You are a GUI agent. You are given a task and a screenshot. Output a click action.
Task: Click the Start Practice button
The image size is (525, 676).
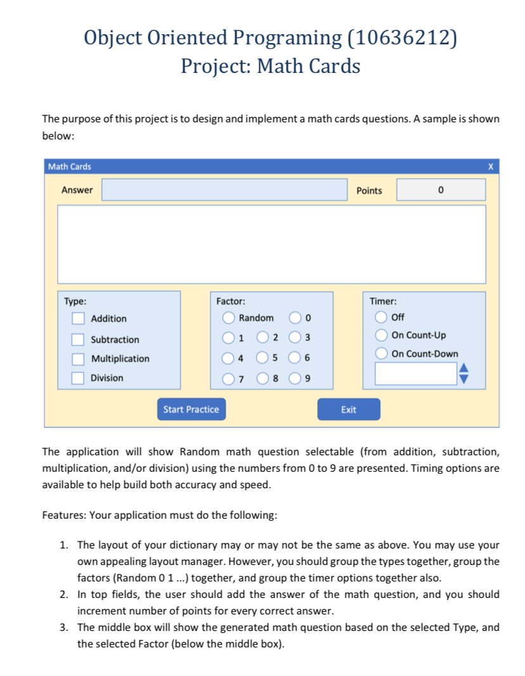191,410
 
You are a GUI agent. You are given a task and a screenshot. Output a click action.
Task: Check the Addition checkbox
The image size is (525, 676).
78,318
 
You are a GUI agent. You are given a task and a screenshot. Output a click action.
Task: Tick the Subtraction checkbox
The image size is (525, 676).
78,339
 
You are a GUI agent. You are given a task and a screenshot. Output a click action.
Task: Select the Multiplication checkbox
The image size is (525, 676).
78,359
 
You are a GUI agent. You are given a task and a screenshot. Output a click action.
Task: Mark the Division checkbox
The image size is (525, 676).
78,378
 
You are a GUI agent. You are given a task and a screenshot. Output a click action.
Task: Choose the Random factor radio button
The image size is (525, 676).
228,318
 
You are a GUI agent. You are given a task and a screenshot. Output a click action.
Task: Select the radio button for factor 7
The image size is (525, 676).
228,379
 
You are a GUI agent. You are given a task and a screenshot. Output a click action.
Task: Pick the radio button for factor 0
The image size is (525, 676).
296,318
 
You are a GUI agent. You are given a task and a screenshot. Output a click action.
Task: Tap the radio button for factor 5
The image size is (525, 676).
262,358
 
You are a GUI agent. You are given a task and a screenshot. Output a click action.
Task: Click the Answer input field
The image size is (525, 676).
224,190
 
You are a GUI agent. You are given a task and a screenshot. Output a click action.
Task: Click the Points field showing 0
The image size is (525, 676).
441,190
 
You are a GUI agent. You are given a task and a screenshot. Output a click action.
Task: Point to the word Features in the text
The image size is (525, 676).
63,515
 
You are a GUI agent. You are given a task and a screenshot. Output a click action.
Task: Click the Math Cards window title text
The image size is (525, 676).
70,167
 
